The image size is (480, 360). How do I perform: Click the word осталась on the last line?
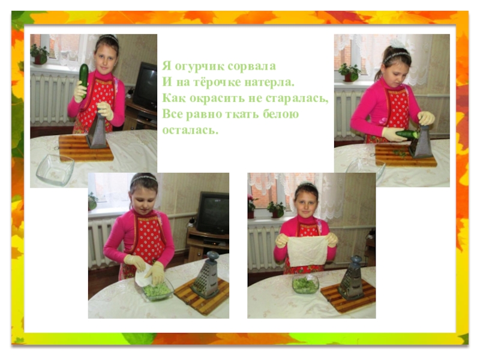(x=190, y=130)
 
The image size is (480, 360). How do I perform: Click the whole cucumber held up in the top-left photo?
(x=83, y=79)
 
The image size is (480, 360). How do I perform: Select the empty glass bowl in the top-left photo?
(x=55, y=169)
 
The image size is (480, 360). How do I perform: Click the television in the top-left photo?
(x=145, y=85)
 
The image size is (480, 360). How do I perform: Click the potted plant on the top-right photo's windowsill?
(x=350, y=72)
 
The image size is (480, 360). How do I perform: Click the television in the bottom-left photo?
(x=212, y=212)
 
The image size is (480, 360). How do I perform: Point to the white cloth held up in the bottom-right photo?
(x=308, y=250)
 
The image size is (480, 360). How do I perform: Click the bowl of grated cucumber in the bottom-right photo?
(x=305, y=284)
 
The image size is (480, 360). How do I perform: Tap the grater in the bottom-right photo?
(x=351, y=278)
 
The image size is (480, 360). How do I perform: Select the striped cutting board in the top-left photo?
(x=85, y=148)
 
